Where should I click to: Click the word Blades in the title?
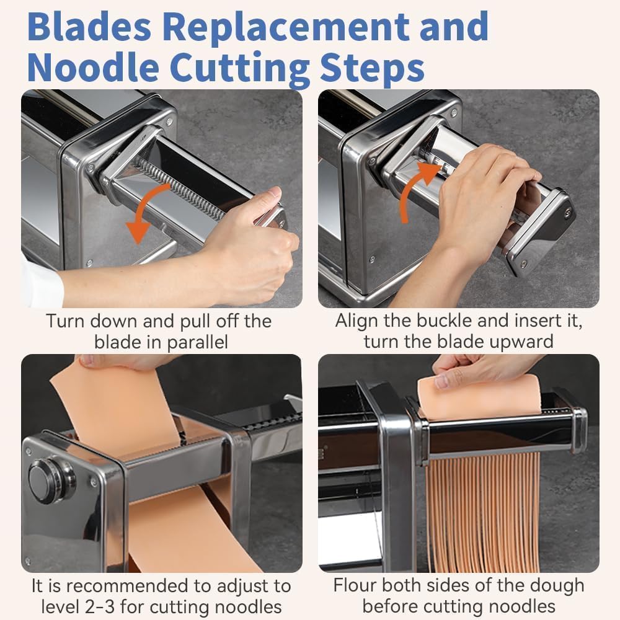(89, 27)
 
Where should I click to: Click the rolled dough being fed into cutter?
(479, 397)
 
